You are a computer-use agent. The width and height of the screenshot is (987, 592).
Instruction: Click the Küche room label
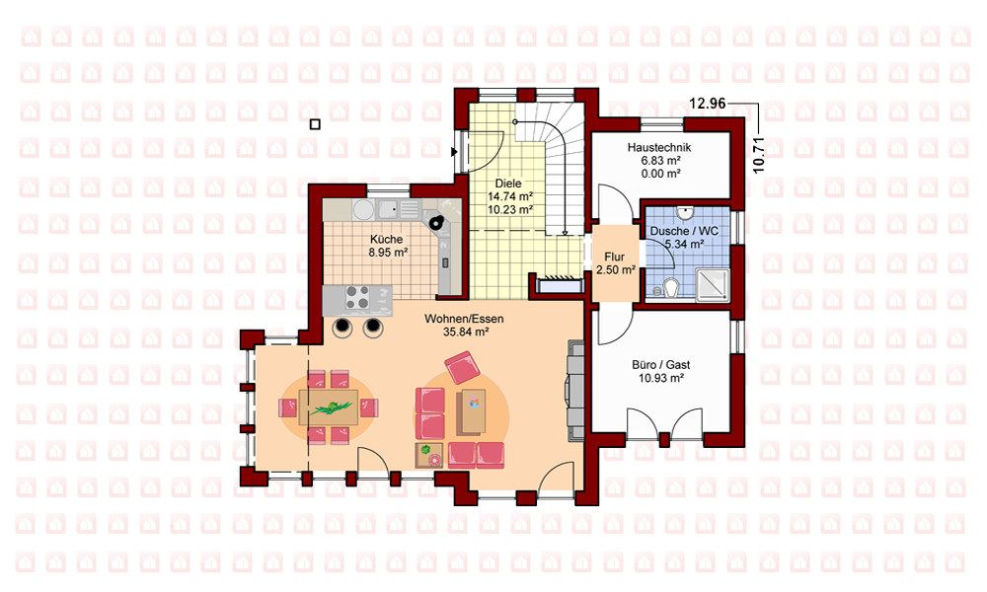[x=387, y=239]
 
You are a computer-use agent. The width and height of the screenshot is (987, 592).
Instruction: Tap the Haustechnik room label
[x=659, y=148]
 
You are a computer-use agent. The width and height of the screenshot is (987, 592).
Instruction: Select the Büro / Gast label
[x=661, y=365]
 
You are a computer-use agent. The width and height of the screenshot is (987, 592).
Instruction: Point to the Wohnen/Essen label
[x=464, y=319]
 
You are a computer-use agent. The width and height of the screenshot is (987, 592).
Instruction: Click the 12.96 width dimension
[x=708, y=104]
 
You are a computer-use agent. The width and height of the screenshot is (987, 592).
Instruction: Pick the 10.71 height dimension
[x=758, y=155]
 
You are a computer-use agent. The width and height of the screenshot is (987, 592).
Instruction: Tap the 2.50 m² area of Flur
[x=615, y=270]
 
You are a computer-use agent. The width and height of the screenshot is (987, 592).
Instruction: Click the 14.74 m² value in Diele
[x=510, y=196]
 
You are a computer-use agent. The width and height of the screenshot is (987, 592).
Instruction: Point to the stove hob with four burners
[x=357, y=297]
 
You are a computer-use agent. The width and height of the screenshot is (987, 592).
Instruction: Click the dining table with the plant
[x=329, y=407]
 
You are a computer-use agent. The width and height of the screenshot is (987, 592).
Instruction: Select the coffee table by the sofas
[x=474, y=410]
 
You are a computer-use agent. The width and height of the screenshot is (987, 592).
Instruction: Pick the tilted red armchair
[x=463, y=367]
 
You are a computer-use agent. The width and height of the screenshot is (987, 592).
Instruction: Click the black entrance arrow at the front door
[x=454, y=152]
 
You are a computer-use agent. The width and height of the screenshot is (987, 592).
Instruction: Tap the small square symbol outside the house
[x=315, y=124]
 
